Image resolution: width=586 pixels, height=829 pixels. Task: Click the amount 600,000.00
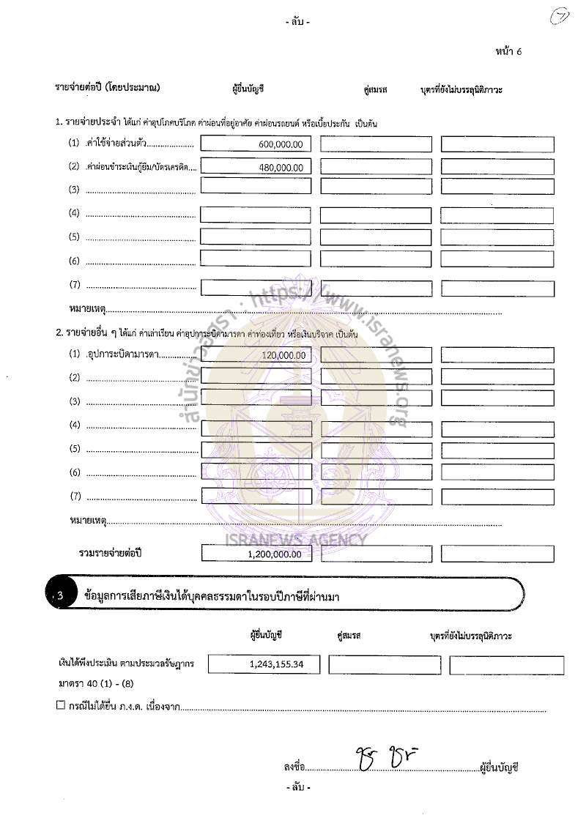(285, 144)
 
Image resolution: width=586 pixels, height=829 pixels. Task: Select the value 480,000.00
(285, 168)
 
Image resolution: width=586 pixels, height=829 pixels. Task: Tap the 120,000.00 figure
(285, 355)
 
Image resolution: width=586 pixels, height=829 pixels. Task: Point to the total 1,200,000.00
(275, 554)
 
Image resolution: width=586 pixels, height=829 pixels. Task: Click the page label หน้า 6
(508, 51)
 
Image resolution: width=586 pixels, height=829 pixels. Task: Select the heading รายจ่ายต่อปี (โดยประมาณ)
(108, 89)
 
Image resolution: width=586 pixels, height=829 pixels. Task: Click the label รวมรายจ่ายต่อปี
(110, 553)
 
